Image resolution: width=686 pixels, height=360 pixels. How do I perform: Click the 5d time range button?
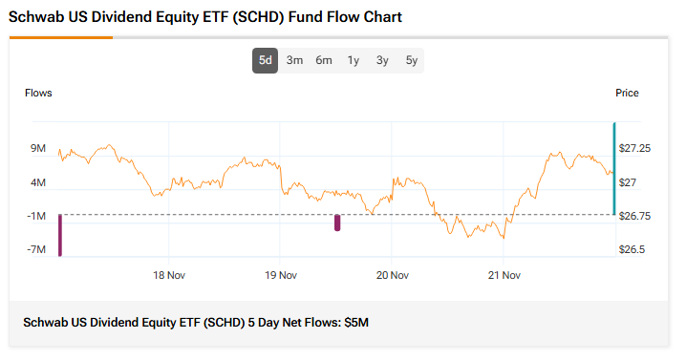tap(265, 60)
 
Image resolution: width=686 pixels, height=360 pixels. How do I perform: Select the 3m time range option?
tap(294, 60)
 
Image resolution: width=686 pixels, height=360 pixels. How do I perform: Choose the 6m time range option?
tap(324, 60)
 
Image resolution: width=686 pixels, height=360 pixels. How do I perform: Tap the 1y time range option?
tap(353, 60)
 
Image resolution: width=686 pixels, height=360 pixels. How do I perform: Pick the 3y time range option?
tap(382, 60)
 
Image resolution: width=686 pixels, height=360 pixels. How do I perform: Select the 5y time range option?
tap(411, 60)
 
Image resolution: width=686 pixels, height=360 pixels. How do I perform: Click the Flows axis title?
tap(38, 93)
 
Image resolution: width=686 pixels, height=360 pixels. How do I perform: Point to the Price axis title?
tap(627, 93)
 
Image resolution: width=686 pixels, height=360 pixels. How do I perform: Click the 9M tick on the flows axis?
tap(38, 148)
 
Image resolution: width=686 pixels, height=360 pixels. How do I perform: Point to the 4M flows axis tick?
tap(38, 182)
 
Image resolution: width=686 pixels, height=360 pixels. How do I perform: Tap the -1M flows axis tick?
tap(37, 216)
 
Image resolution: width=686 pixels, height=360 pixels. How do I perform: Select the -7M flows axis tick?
tap(37, 250)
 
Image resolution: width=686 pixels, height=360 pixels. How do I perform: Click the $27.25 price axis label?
tap(634, 148)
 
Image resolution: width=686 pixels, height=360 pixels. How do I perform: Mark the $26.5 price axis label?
tap(631, 250)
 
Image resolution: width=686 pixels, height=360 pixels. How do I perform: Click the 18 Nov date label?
tap(169, 276)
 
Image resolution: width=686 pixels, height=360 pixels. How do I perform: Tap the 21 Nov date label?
tap(504, 276)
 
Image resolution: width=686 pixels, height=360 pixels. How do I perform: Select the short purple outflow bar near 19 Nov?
tap(337, 222)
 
